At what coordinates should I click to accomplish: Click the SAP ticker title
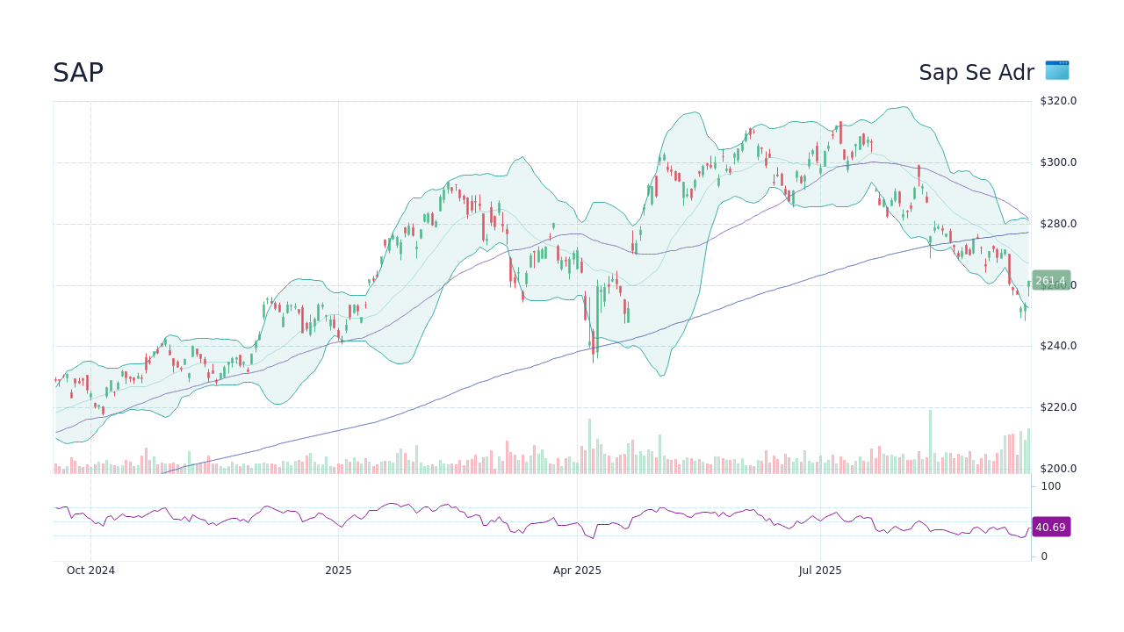tap(78, 73)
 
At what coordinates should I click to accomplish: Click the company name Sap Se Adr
tap(976, 73)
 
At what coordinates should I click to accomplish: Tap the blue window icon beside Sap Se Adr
tap(1056, 70)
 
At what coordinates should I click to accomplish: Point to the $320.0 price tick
tap(1058, 101)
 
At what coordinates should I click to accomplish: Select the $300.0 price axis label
tap(1058, 162)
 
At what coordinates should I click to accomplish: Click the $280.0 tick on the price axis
tap(1058, 224)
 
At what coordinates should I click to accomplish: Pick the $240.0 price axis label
tap(1058, 346)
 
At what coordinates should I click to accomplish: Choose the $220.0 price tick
tap(1058, 407)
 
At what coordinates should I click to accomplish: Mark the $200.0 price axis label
tap(1058, 469)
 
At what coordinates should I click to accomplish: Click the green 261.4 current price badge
tap(1050, 281)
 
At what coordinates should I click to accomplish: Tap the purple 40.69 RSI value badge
tap(1050, 528)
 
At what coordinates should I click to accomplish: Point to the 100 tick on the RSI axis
tap(1050, 486)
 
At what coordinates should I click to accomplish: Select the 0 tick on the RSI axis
tap(1044, 557)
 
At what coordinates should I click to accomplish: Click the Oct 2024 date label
tap(90, 571)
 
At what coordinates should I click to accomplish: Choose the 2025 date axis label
tap(338, 571)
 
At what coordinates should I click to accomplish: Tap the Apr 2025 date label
tap(577, 571)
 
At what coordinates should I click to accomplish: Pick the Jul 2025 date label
tap(820, 571)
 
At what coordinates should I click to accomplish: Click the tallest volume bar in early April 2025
tap(589, 447)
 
